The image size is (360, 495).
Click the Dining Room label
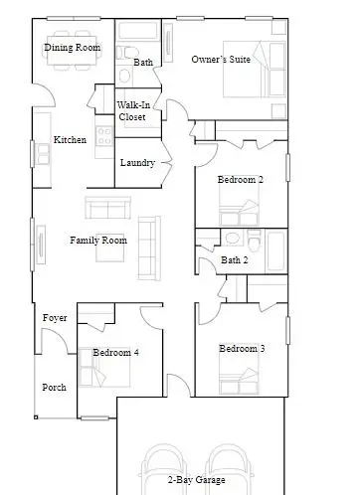(x=73, y=48)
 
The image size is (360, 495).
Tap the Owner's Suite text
(x=221, y=60)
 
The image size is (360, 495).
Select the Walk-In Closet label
(x=133, y=111)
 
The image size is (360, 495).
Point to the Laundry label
(x=137, y=163)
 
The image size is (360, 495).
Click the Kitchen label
(x=70, y=139)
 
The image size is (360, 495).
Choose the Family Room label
(x=98, y=241)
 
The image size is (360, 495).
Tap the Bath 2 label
(x=235, y=260)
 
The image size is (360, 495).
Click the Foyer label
(x=55, y=318)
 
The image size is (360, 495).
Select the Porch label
(x=54, y=388)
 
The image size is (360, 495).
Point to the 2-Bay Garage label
(x=197, y=480)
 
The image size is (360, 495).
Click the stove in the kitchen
(x=104, y=136)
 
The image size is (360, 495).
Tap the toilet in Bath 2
(x=255, y=241)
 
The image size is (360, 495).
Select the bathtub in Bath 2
(x=275, y=250)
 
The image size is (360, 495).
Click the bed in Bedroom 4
(x=104, y=367)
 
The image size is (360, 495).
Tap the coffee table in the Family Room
(x=110, y=252)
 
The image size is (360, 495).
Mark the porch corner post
(x=36, y=417)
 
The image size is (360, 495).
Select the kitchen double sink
(x=44, y=154)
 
